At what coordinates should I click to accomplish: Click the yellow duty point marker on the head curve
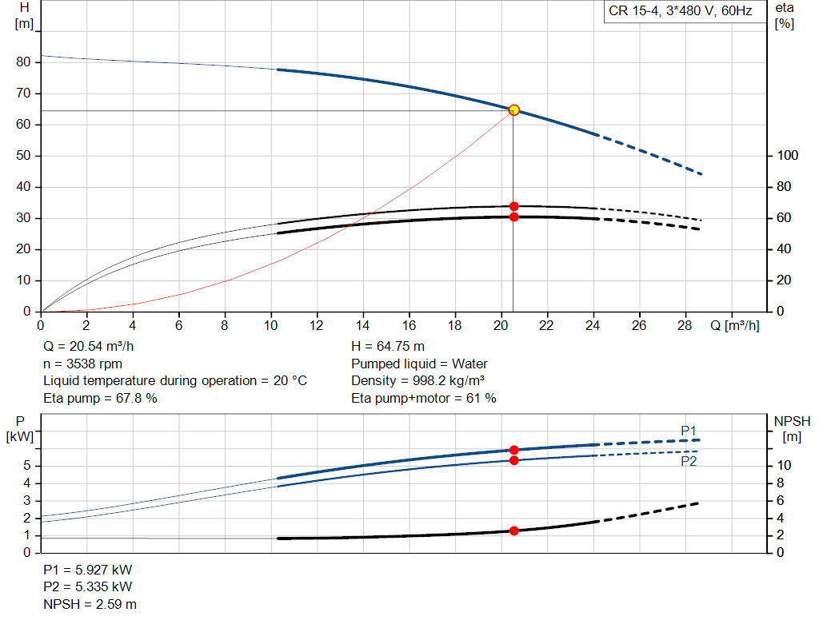tap(513, 109)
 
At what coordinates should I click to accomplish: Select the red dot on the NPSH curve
tap(513, 531)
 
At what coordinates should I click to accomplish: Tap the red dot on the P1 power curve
tap(513, 450)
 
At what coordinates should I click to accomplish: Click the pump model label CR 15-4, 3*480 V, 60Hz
tap(681, 12)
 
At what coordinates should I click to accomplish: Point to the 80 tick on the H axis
tap(23, 62)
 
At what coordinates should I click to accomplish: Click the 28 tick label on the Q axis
tap(685, 326)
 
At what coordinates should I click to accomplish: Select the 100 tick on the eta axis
tap(788, 156)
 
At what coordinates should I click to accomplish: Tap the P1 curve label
tap(689, 431)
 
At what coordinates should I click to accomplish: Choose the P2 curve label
tap(689, 462)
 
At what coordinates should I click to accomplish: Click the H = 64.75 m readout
tap(388, 347)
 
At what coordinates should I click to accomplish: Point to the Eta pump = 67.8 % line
tap(100, 398)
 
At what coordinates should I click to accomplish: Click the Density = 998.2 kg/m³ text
tap(417, 381)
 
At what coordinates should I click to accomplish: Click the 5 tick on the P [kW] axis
tap(27, 466)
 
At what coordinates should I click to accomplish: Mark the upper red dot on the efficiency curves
tap(513, 206)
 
